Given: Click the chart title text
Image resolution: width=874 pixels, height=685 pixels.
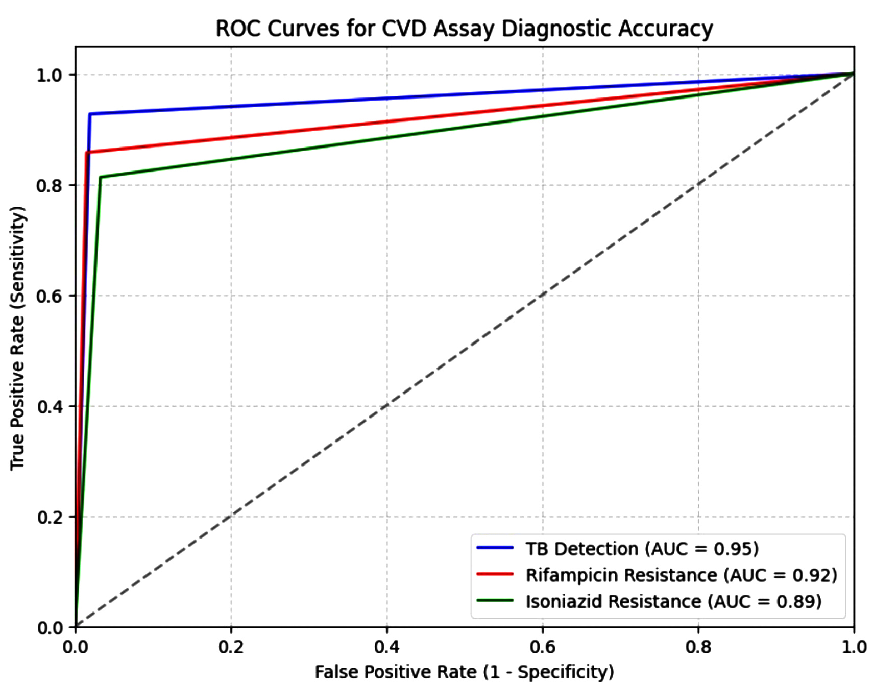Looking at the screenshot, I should (x=464, y=29).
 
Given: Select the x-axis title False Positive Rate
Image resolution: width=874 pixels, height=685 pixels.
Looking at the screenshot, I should (x=464, y=672).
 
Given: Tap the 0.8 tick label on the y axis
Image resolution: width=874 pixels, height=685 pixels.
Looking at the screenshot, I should (x=49, y=185).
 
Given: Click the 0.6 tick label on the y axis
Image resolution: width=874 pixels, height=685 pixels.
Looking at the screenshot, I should (x=49, y=296).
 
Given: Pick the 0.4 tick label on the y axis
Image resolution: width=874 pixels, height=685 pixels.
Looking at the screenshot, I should (x=49, y=407).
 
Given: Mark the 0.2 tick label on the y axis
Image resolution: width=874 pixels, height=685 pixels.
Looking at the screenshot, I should (x=49, y=517).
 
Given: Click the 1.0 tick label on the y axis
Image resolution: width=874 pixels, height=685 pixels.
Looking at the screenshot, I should (x=49, y=75).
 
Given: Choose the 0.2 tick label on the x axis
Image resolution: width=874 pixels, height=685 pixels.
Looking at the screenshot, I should (x=231, y=647).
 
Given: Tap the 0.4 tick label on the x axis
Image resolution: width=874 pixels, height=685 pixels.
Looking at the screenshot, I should (x=386, y=647).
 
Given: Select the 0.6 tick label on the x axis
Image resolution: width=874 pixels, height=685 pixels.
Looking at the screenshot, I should (x=542, y=647).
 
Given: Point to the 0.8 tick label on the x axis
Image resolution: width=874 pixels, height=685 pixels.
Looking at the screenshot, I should (x=698, y=647).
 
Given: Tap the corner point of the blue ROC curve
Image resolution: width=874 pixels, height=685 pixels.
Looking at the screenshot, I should (x=90, y=114).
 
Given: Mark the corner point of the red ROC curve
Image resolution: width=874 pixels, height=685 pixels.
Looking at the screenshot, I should (x=86, y=152).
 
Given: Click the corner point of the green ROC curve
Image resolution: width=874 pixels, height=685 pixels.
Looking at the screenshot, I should (x=100, y=178).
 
